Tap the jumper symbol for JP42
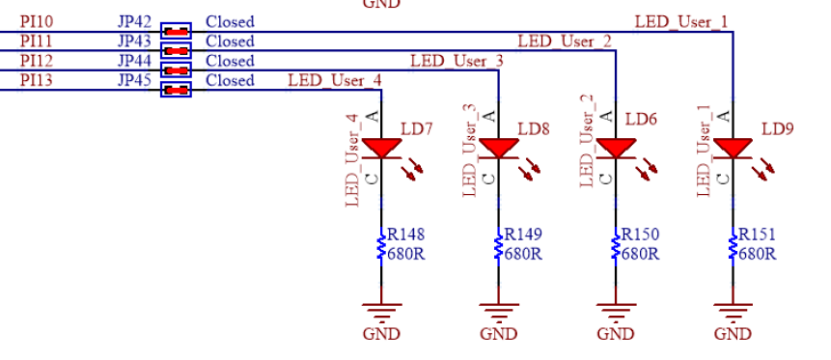click(x=176, y=31)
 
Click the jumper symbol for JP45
click(x=176, y=90)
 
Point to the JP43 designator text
click(x=134, y=42)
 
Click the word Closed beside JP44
click(x=230, y=61)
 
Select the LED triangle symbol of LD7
click(x=381, y=148)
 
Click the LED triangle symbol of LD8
click(x=498, y=148)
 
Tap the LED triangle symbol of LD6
click(x=615, y=148)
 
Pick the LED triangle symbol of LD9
click(x=733, y=148)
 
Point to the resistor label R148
click(x=405, y=235)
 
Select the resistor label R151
click(x=757, y=235)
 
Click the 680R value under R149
click(x=522, y=254)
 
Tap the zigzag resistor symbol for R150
click(x=615, y=245)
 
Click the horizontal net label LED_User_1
click(x=680, y=21)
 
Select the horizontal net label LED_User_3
click(x=457, y=61)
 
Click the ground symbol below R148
click(x=381, y=311)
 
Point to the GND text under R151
click(x=733, y=334)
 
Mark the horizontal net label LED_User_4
click(x=334, y=80)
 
